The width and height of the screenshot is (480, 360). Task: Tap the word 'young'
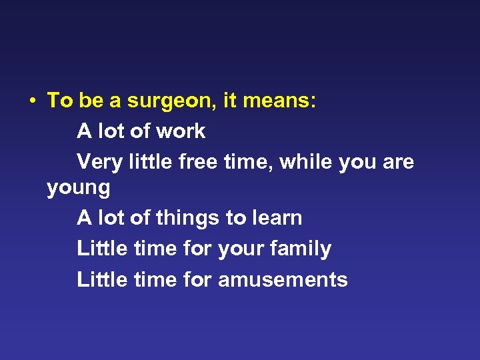(x=79, y=189)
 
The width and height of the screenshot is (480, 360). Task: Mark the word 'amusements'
(x=283, y=279)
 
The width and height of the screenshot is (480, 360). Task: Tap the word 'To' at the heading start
(x=59, y=101)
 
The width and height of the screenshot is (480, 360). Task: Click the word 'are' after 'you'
(x=397, y=163)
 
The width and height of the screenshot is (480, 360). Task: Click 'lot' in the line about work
(x=111, y=131)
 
